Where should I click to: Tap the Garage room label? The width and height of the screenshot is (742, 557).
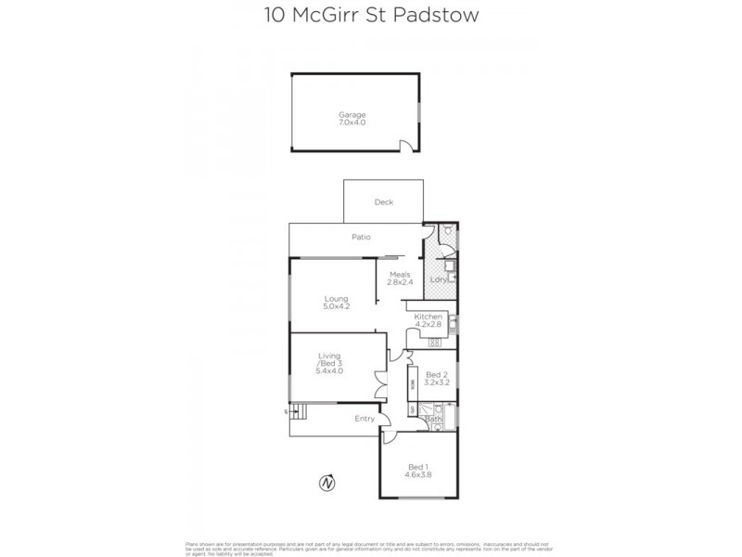352,114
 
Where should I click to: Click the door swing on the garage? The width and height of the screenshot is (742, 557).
405,145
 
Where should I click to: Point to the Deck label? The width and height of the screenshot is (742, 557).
384,202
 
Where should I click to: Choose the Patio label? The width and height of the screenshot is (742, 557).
361,237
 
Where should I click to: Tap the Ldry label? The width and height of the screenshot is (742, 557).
438,279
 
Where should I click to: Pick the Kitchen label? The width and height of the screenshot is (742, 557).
429,317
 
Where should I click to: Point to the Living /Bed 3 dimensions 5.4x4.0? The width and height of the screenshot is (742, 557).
329,370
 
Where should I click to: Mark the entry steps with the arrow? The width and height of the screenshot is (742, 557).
296,412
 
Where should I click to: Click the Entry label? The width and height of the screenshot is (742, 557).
364,419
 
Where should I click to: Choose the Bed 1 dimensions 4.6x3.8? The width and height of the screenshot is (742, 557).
417,473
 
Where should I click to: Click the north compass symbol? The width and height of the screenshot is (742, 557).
326,483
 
